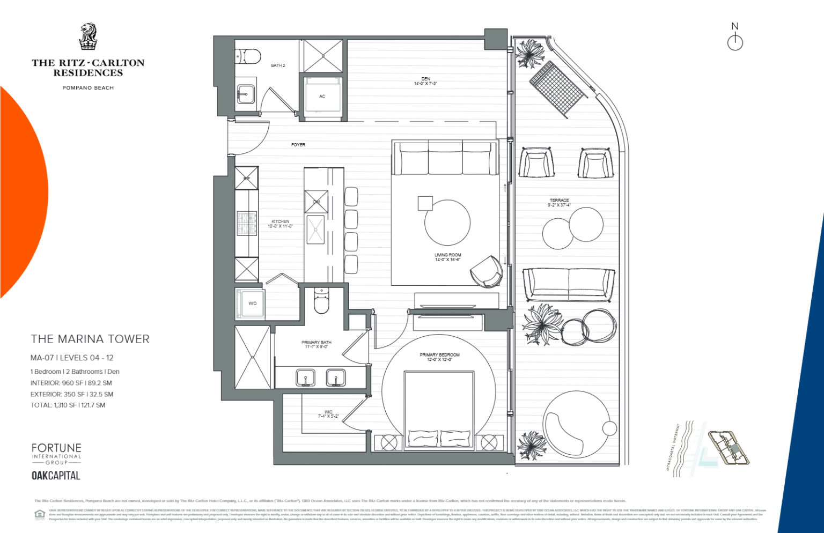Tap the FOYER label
click(x=298, y=145)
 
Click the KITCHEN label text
click(x=280, y=224)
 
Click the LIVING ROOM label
click(x=448, y=257)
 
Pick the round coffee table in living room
click(x=447, y=223)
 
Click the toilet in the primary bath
click(x=321, y=301)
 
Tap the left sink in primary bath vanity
click(x=306, y=378)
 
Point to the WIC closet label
click(x=328, y=414)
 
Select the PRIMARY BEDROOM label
click(x=439, y=357)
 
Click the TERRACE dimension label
click(x=559, y=203)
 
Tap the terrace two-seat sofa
click(x=569, y=284)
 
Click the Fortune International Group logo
click(x=56, y=454)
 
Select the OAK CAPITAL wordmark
click(x=56, y=476)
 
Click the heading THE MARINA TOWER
click(x=90, y=339)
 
